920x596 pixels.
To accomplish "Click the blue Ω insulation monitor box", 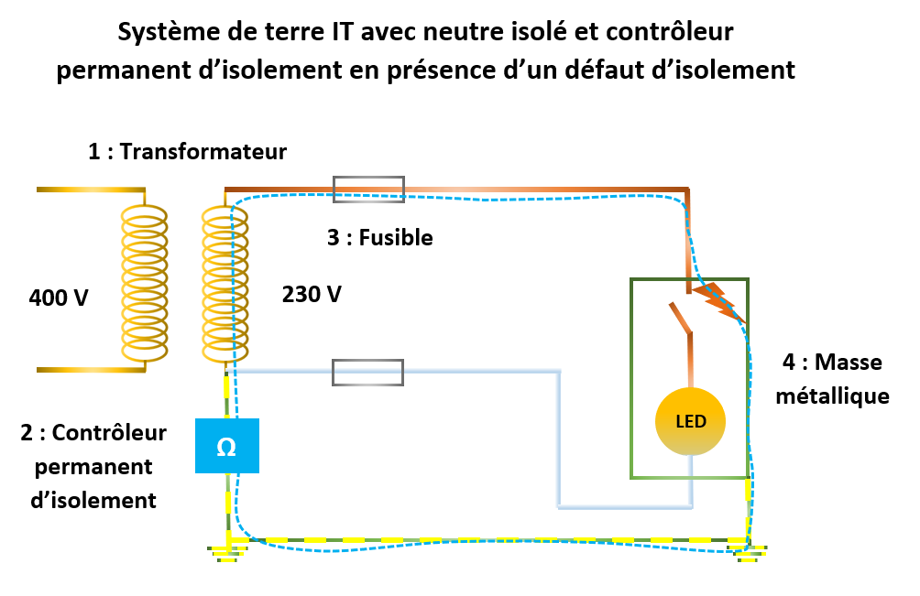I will [227, 446].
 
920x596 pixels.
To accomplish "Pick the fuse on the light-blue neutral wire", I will [367, 372].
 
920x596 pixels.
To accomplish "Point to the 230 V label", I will [312, 294].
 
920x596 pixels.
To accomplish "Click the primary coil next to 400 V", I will [146, 281].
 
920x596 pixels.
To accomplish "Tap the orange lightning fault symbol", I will [715, 298].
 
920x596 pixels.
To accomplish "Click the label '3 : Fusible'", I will [379, 238].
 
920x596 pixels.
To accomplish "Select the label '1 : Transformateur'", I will [187, 152].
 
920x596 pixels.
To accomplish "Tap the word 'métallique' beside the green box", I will [832, 396].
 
